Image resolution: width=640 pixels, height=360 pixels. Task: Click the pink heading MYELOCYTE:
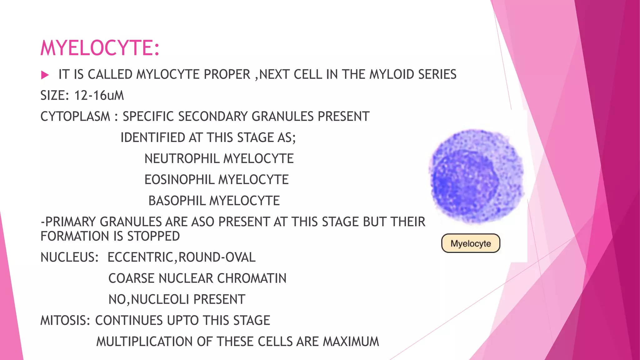[100, 48]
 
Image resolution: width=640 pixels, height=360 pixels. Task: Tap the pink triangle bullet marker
[45, 75]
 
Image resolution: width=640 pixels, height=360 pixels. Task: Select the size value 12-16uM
[99, 96]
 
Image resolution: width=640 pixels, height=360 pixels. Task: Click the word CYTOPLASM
[75, 117]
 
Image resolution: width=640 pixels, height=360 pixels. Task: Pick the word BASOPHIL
[177, 201]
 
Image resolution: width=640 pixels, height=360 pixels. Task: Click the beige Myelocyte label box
[471, 243]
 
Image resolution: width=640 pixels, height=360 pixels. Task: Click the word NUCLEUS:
[70, 257]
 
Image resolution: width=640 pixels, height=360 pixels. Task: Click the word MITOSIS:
[65, 321]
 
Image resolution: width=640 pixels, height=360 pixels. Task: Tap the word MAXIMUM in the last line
[351, 342]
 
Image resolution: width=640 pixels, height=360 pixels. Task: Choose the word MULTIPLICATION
[144, 342]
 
